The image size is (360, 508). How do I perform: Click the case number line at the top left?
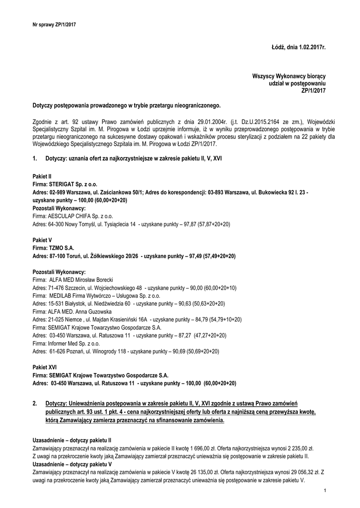coord(54,24)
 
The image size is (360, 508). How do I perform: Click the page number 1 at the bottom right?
coord(324,491)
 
